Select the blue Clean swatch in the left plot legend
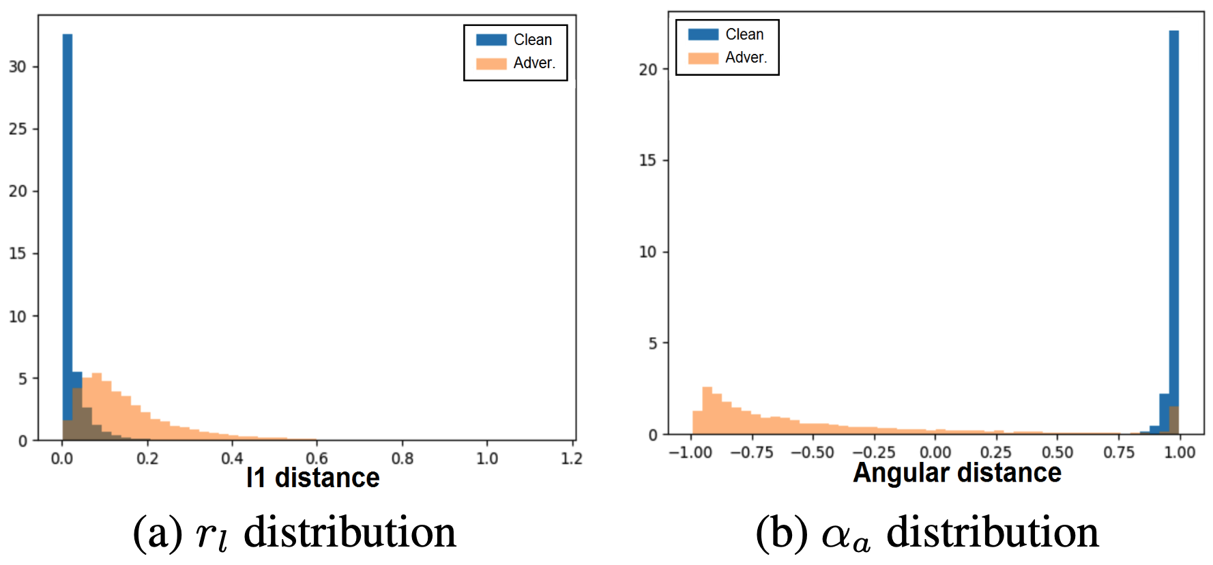point(491,40)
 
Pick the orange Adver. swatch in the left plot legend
point(491,63)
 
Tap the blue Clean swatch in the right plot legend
point(703,34)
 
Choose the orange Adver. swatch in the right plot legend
point(703,58)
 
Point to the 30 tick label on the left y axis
point(18,67)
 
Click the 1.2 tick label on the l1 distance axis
point(572,459)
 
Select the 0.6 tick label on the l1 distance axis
point(317,459)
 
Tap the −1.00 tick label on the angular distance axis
point(690,452)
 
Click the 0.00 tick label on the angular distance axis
point(935,452)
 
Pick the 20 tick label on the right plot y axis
point(648,70)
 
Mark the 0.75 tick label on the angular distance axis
point(1119,452)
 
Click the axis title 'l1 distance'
point(312,478)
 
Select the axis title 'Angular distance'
point(957,473)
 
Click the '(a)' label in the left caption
point(158,533)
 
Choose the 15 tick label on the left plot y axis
point(18,254)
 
